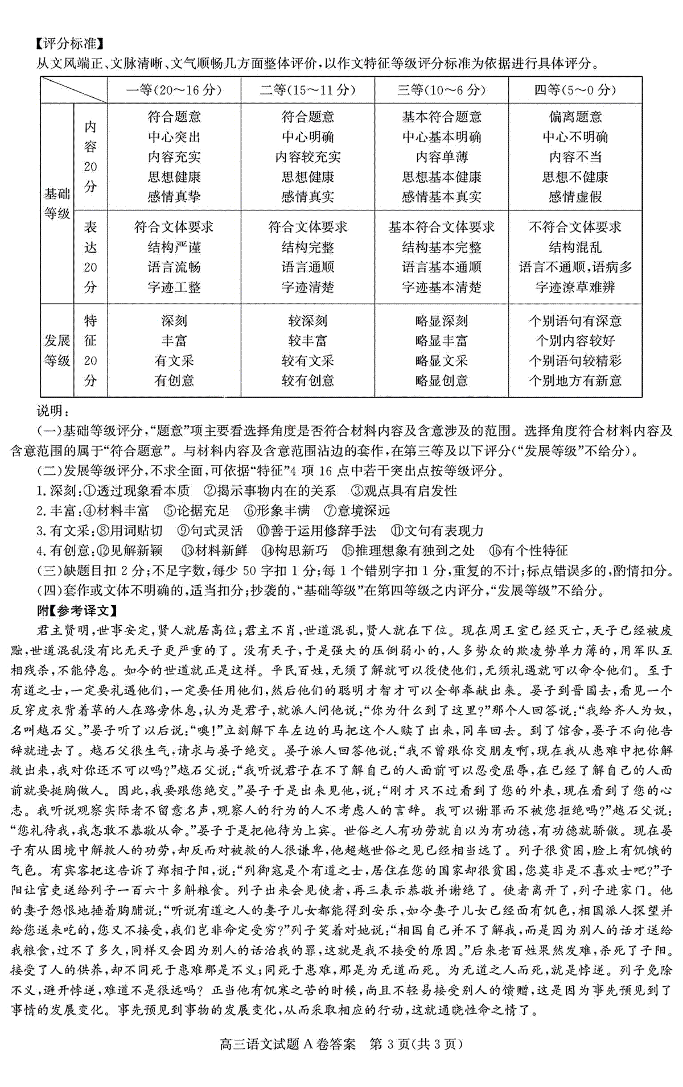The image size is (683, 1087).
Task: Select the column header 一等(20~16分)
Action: pos(174,90)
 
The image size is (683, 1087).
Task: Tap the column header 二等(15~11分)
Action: pos(307,90)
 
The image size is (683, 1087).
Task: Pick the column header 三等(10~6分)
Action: pos(441,90)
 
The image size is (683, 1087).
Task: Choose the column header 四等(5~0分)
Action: pos(575,90)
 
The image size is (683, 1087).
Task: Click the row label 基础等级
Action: pos(57,204)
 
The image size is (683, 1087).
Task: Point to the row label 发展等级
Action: pos(57,350)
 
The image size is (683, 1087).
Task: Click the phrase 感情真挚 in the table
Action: pos(174,197)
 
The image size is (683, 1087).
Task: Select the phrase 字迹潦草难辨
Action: pos(575,287)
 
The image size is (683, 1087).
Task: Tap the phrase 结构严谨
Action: pos(174,247)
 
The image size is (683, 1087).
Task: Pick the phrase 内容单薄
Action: pos(441,157)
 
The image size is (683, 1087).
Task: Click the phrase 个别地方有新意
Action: pos(575,381)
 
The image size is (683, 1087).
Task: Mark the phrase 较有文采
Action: pos(307,361)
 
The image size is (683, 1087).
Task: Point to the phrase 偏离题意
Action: pos(575,117)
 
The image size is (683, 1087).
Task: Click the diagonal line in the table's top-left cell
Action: pos(73,90)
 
